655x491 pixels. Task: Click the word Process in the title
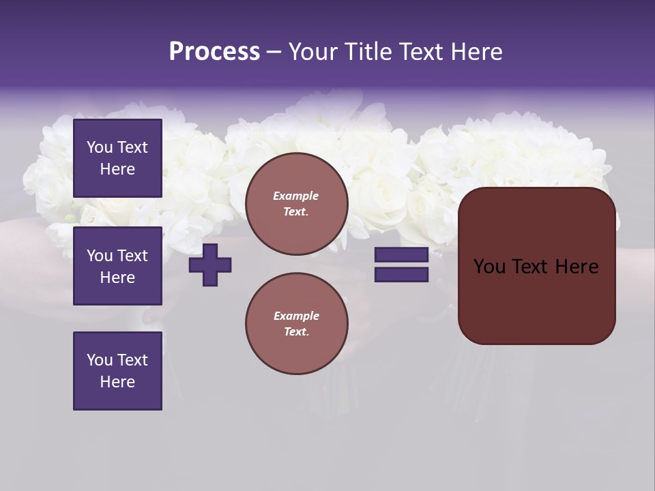coord(214,52)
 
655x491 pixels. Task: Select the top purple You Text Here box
coord(117,158)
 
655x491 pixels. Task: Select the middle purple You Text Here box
coord(117,266)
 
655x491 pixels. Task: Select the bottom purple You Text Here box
coord(117,370)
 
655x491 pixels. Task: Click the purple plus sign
coord(210,265)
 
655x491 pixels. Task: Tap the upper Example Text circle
coord(296,204)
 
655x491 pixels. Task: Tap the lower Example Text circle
coord(296,324)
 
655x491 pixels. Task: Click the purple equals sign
coord(401,265)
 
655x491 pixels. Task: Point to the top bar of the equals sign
coord(401,255)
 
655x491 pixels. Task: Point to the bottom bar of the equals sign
coord(401,275)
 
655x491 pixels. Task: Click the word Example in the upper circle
coord(296,196)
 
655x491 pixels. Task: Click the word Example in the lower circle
coord(296,316)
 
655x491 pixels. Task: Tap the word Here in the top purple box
coord(117,169)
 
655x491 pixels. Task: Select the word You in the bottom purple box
coord(100,360)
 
